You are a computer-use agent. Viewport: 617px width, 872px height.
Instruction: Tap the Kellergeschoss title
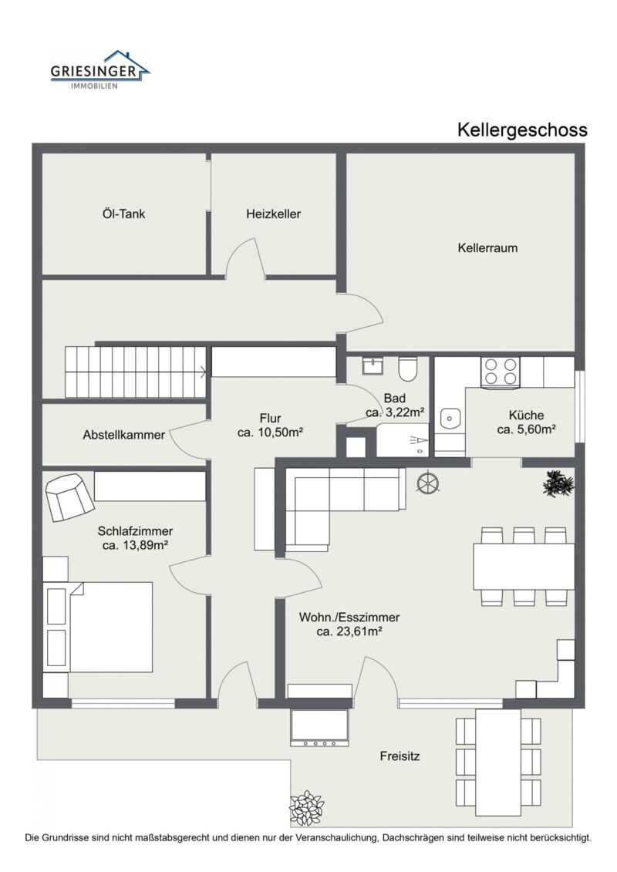pyautogui.click(x=522, y=130)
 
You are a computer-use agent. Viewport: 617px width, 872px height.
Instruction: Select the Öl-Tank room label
pyautogui.click(x=123, y=214)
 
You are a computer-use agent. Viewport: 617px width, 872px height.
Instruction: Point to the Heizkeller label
pyautogui.click(x=274, y=214)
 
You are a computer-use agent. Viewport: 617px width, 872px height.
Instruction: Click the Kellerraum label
pyautogui.click(x=487, y=248)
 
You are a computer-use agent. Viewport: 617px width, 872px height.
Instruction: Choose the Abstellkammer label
pyautogui.click(x=123, y=435)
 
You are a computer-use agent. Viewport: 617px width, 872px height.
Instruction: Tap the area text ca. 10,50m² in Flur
pyautogui.click(x=270, y=433)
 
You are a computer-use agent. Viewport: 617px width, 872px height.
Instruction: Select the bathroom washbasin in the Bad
pyautogui.click(x=373, y=365)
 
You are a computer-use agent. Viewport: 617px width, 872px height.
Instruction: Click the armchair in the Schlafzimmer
pyautogui.click(x=69, y=497)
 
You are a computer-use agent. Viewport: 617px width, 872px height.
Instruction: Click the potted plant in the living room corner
pyautogui.click(x=558, y=484)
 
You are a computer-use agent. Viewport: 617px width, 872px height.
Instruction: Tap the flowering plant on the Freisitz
pyautogui.click(x=305, y=806)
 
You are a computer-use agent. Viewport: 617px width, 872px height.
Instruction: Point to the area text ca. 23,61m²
pyautogui.click(x=351, y=631)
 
